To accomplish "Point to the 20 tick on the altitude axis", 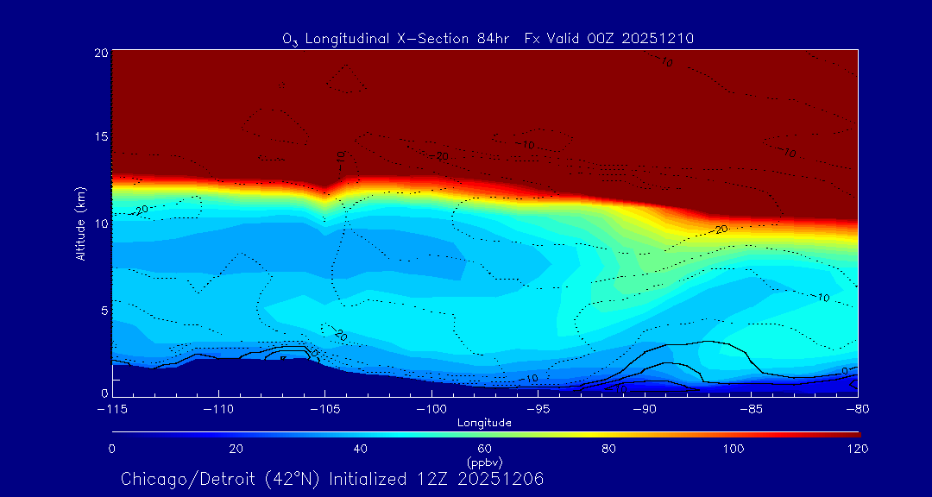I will coord(100,53).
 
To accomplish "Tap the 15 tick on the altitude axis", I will coord(100,137).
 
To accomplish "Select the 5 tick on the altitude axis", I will coord(104,310).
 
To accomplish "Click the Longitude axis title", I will coord(485,423).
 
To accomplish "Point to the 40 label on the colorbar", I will coord(361,449).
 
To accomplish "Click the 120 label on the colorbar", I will coord(857,449).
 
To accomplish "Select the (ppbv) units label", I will coord(485,462).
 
